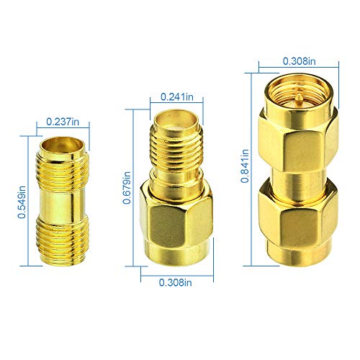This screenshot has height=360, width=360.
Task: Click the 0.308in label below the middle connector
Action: (176, 282)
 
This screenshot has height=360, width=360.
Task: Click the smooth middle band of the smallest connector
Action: (63, 199)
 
